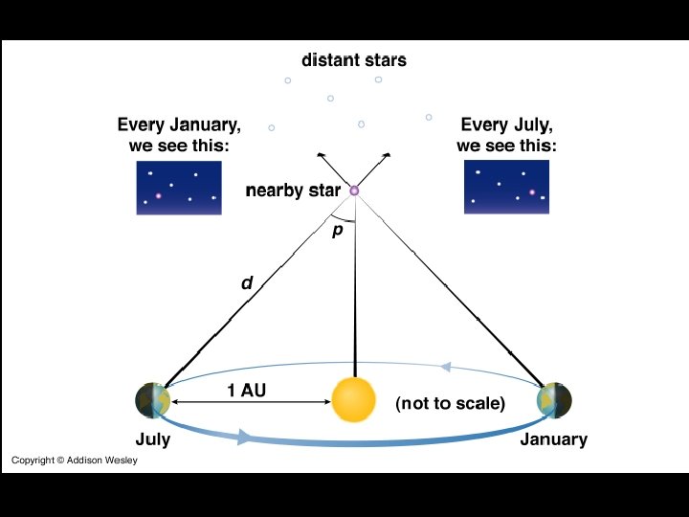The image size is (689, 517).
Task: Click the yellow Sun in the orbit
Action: pyautogui.click(x=354, y=401)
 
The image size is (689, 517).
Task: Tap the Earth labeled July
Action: pyautogui.click(x=153, y=399)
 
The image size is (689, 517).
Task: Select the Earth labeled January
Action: pyautogui.click(x=554, y=399)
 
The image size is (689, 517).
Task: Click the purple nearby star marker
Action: pyautogui.click(x=354, y=191)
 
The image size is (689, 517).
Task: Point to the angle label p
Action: pyautogui.click(x=337, y=231)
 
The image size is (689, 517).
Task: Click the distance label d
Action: pyautogui.click(x=247, y=283)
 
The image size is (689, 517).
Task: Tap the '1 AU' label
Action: pyautogui.click(x=246, y=390)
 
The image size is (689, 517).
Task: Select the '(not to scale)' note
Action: pyautogui.click(x=450, y=403)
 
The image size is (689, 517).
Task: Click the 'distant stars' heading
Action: pyautogui.click(x=354, y=60)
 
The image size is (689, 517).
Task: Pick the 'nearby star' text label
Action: pyautogui.click(x=293, y=191)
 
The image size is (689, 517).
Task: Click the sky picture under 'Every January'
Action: pyautogui.click(x=179, y=187)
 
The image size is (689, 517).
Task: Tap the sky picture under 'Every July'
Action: pyautogui.click(x=506, y=187)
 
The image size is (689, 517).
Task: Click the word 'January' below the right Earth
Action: pyautogui.click(x=553, y=439)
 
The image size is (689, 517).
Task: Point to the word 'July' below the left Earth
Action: pyautogui.click(x=153, y=439)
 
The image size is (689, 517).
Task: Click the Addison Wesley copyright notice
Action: pyautogui.click(x=75, y=461)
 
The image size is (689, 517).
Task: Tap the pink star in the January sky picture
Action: pyautogui.click(x=159, y=195)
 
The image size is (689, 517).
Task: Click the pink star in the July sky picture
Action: pyautogui.click(x=531, y=192)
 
